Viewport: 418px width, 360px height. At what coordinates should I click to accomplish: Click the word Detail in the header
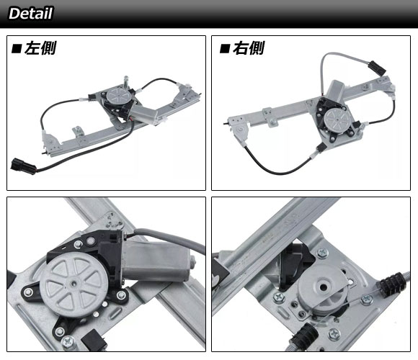[x=31, y=13]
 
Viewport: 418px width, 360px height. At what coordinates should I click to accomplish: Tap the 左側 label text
[x=40, y=48]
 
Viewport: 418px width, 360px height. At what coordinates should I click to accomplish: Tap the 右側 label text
[x=249, y=48]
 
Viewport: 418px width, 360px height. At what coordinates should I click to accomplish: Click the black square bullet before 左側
[x=17, y=49]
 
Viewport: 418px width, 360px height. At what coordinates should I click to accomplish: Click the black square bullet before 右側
[x=225, y=49]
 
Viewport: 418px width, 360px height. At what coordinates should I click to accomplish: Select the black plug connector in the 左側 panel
[x=24, y=166]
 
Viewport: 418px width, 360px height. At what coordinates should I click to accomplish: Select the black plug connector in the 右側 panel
[x=377, y=68]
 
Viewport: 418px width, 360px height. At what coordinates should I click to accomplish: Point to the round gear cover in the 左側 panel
[x=119, y=95]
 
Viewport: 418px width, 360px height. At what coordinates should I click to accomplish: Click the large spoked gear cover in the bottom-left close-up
[x=74, y=284]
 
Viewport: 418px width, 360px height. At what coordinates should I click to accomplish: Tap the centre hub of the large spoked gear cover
[x=73, y=284]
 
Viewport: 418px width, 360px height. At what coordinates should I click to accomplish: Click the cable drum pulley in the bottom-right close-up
[x=324, y=291]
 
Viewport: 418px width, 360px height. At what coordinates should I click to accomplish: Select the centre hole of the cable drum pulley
[x=324, y=287]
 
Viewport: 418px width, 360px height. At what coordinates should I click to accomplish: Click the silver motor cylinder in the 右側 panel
[x=335, y=91]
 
